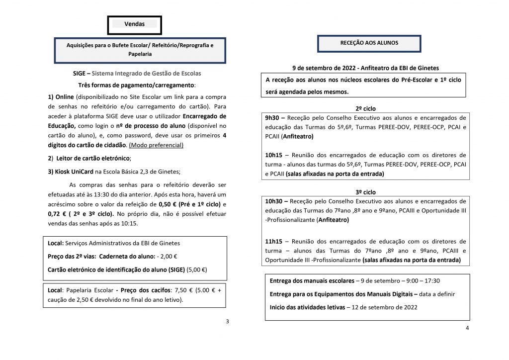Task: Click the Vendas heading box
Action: (134, 24)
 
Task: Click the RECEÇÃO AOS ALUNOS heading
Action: (369, 43)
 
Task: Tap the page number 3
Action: (227, 321)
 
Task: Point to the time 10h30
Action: (276, 201)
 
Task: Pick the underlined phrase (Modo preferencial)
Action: (156, 145)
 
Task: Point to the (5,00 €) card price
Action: (196, 270)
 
